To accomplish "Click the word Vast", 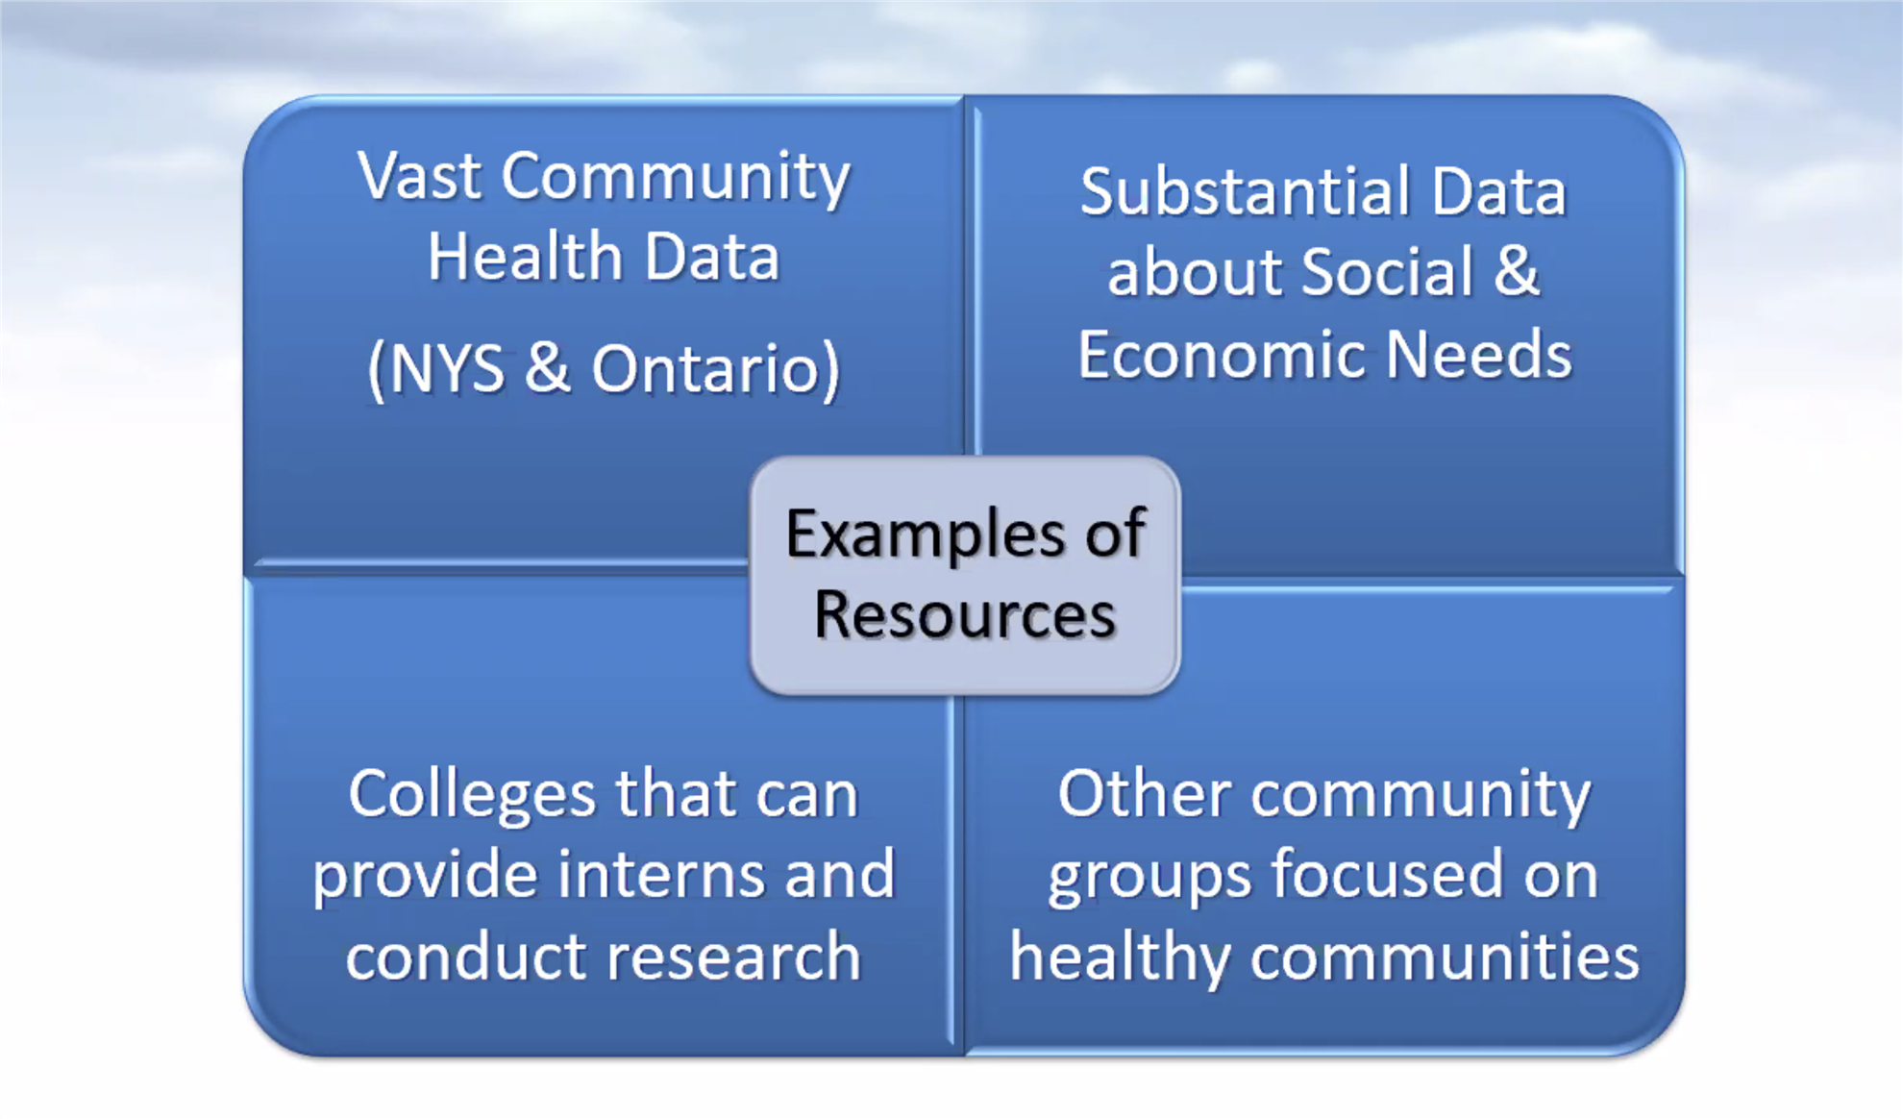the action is pos(419,177).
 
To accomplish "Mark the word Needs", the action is pos(1479,355).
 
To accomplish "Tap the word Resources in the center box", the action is pos(965,615).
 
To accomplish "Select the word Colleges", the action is pos(472,796).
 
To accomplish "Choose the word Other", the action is pos(1144,794).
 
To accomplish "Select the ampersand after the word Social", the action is pos(1516,272).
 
